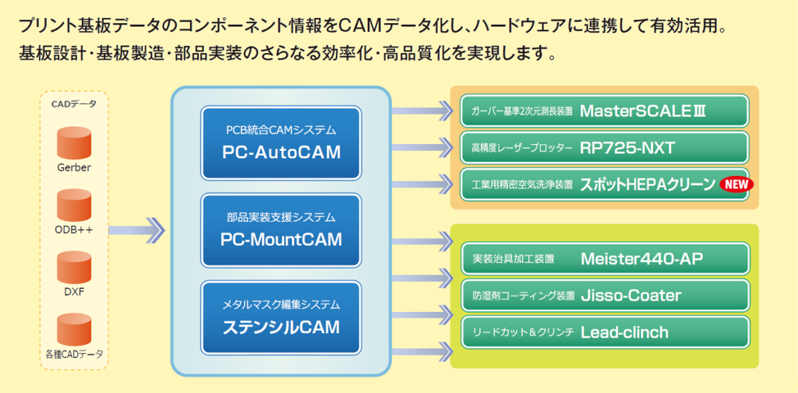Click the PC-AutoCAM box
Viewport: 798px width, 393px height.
[x=281, y=142]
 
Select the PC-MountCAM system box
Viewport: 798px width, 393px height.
[x=281, y=230]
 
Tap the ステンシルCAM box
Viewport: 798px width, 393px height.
[x=281, y=317]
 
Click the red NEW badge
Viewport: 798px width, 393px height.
[x=736, y=185]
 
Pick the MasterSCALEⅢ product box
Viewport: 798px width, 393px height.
[x=604, y=111]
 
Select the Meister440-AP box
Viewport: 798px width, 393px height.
[x=604, y=259]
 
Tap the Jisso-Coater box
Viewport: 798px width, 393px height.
[x=604, y=296]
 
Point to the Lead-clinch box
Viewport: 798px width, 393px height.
[x=604, y=332]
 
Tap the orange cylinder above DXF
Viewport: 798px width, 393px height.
[x=74, y=268]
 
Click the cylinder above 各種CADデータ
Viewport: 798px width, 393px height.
[x=74, y=330]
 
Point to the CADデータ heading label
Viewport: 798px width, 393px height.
[x=74, y=104]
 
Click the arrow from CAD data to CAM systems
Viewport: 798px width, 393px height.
[x=137, y=230]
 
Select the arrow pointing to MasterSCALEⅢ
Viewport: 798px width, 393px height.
[x=421, y=111]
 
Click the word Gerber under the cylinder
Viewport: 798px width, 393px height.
[x=74, y=167]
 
